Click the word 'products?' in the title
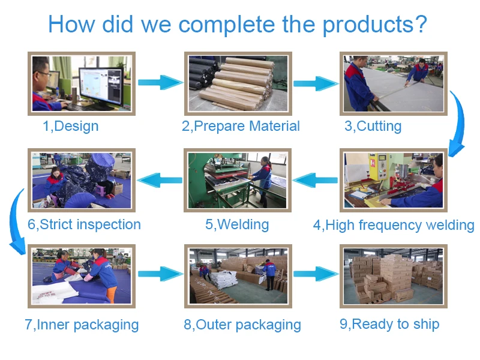click(374, 25)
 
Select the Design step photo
click(82, 83)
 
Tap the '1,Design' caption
click(70, 126)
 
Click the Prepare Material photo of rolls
click(238, 83)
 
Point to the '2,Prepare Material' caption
click(241, 126)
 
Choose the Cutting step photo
click(394, 83)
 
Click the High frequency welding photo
click(394, 180)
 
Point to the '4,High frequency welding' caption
click(394, 226)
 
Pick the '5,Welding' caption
click(237, 225)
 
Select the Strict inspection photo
click(82, 180)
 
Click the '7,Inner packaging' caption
click(82, 325)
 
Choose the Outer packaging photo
click(238, 276)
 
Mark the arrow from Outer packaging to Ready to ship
click(316, 274)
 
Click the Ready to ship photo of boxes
click(394, 276)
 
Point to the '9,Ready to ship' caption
click(389, 325)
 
